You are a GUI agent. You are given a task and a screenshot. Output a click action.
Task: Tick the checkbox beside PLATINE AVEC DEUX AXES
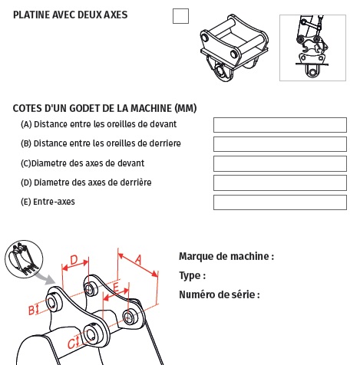(x=180, y=16)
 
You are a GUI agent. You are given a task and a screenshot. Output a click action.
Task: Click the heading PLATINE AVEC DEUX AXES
(x=71, y=15)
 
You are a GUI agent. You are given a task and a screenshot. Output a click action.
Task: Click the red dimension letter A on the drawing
(x=138, y=260)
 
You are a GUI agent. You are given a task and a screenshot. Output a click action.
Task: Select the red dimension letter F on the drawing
(x=115, y=288)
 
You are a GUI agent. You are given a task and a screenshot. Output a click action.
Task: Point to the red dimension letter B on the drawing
(x=31, y=310)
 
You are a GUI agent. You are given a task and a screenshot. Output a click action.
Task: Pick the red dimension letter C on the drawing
(x=71, y=343)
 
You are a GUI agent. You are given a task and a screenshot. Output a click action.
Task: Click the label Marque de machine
(x=226, y=257)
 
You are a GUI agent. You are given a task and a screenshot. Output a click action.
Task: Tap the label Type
(x=193, y=275)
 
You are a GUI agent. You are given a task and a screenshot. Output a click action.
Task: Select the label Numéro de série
(x=220, y=294)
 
